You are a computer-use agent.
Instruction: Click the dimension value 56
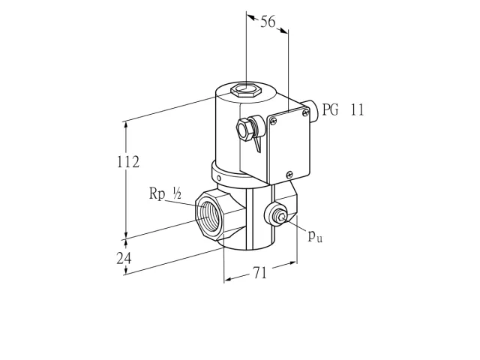268,22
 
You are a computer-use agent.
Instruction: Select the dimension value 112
128,162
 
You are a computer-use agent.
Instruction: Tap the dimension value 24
124,258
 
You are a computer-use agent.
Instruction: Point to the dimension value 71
260,272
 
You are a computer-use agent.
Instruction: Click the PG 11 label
343,109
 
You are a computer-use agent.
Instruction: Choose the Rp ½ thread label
165,193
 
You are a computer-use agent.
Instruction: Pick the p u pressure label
315,235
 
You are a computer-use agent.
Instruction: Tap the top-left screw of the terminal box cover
273,121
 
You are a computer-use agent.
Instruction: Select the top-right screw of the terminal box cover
305,113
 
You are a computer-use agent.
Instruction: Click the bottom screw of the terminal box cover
289,175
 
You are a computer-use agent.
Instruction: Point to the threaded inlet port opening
208,215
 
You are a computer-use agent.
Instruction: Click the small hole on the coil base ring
219,178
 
